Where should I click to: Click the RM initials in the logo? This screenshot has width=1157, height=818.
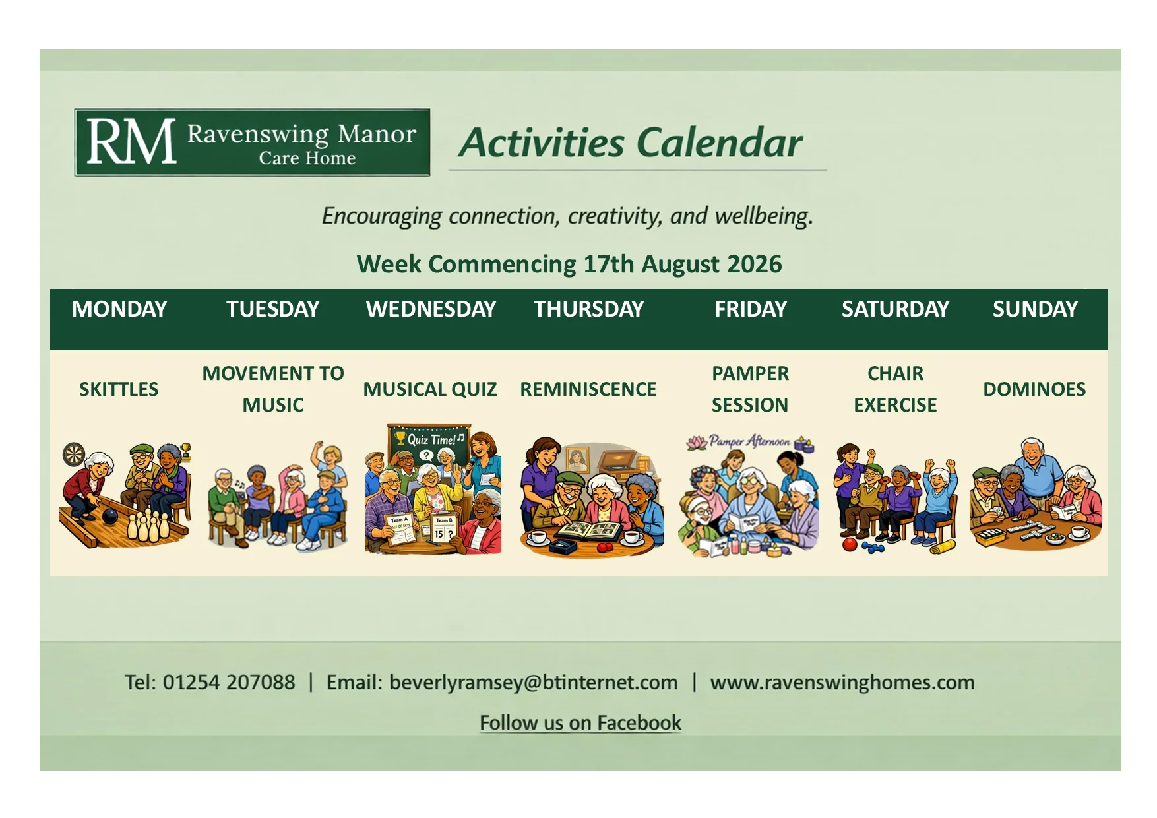tap(131, 141)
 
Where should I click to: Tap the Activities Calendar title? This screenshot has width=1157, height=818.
tap(631, 142)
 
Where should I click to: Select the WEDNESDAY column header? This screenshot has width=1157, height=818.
tap(431, 309)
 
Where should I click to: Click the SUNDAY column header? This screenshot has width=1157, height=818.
tap(1035, 309)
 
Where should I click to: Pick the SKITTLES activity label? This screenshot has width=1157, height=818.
tap(119, 389)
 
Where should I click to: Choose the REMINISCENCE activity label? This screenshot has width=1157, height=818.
tap(588, 389)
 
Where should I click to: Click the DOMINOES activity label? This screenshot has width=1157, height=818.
tap(1034, 389)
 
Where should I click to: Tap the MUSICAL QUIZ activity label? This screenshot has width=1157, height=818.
tap(430, 389)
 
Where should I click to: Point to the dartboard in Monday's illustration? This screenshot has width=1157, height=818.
tap(74, 454)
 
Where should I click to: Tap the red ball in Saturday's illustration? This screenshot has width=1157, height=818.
tap(849, 544)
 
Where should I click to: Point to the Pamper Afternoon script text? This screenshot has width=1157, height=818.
tap(750, 441)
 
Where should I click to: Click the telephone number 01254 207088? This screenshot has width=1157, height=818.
tap(229, 682)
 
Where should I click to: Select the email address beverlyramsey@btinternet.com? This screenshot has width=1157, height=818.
tap(534, 683)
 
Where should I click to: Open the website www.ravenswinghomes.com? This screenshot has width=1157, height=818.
tap(842, 683)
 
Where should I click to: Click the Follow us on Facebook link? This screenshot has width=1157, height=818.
tap(580, 723)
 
